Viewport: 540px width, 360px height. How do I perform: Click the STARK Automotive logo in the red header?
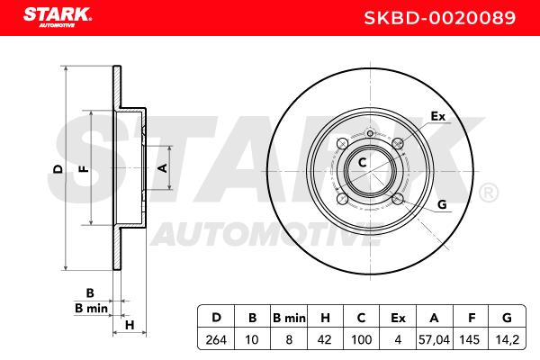click(58, 17)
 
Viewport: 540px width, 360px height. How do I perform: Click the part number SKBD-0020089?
click(440, 18)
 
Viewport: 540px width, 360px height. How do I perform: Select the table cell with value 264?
click(216, 339)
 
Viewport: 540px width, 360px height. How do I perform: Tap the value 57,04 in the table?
click(434, 339)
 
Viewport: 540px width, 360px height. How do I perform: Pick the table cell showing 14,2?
click(507, 339)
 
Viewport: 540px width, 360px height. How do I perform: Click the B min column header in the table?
click(289, 318)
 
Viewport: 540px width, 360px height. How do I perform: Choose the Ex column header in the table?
click(398, 318)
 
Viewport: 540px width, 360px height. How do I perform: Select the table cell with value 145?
click(470, 339)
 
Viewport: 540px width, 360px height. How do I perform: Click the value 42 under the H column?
click(324, 339)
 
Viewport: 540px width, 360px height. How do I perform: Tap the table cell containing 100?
click(361, 339)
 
